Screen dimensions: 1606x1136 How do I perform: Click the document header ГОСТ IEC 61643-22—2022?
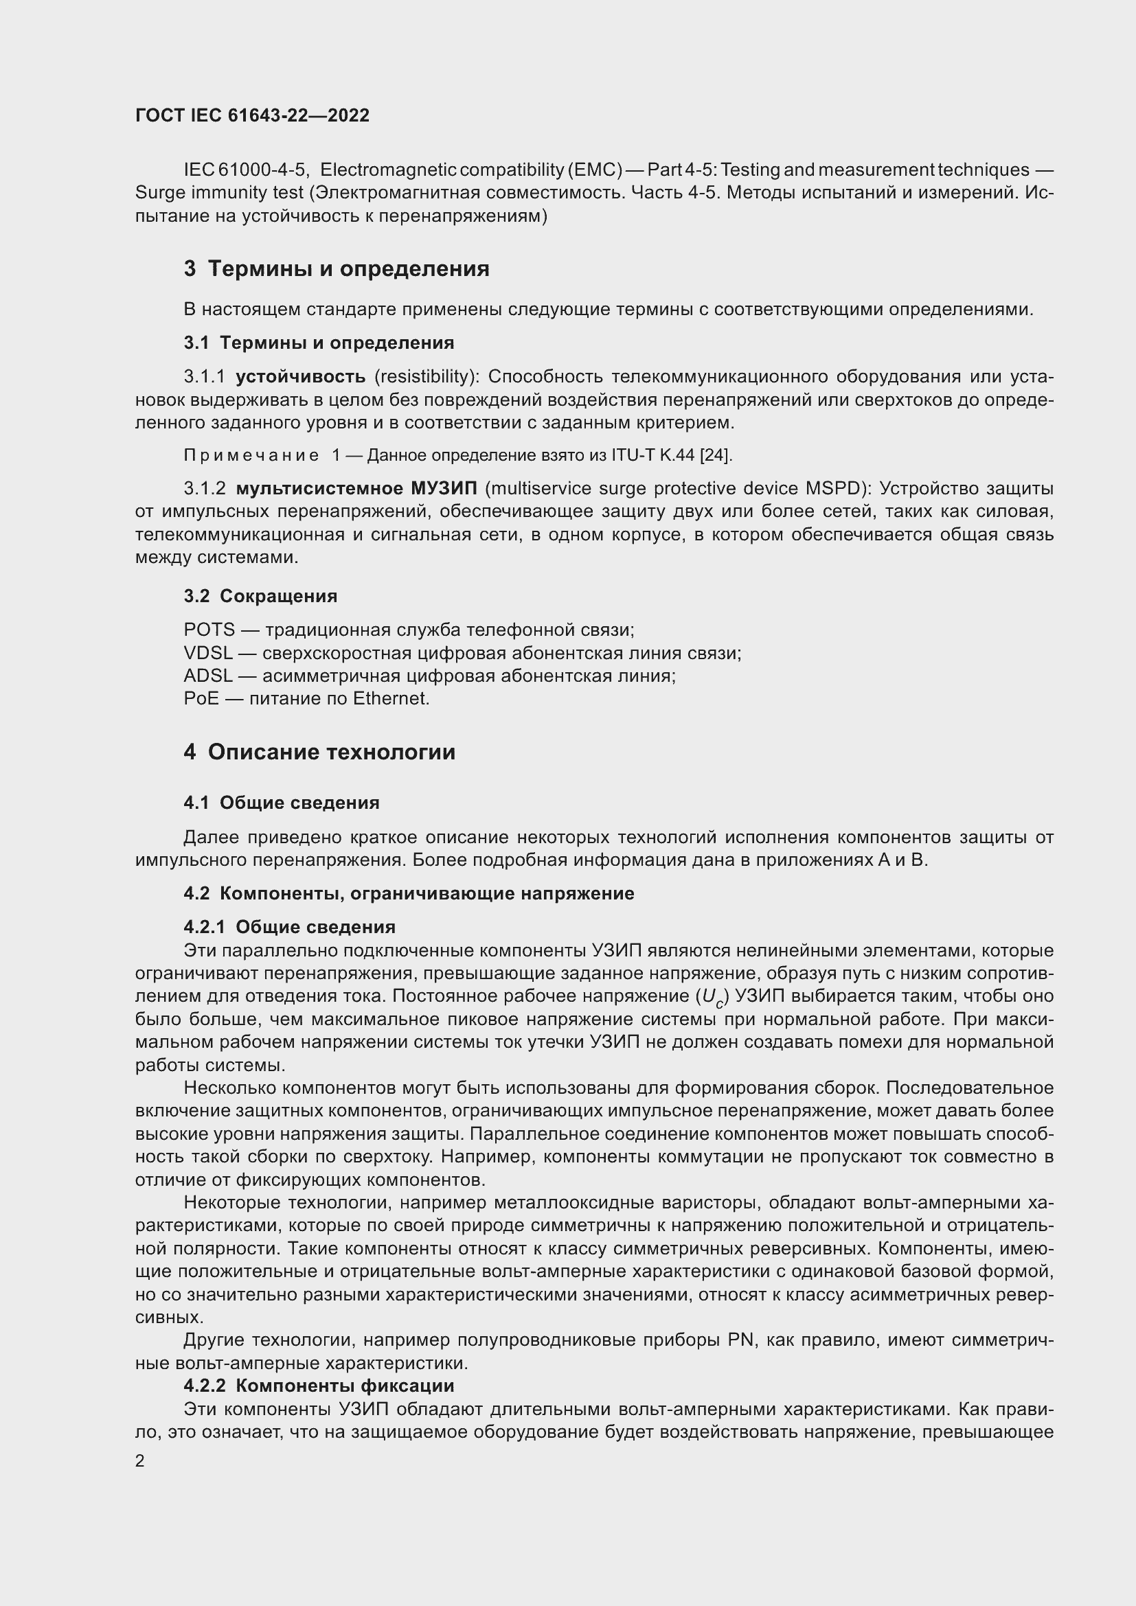pyautogui.click(x=252, y=115)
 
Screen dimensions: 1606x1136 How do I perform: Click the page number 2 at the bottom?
pyautogui.click(x=140, y=1460)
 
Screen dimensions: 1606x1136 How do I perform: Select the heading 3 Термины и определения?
pyautogui.click(x=337, y=268)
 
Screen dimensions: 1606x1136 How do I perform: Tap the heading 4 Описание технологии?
pyautogui.click(x=319, y=752)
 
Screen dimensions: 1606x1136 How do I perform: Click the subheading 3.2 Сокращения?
pyautogui.click(x=260, y=596)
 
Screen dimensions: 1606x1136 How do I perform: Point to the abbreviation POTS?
pyautogui.click(x=209, y=630)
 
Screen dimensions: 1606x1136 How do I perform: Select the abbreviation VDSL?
pyautogui.click(x=207, y=653)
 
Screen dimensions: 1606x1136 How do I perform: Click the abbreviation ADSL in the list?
pyautogui.click(x=207, y=676)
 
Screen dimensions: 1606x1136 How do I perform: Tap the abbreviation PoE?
pyautogui.click(x=201, y=698)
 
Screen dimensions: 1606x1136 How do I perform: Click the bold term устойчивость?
pyautogui.click(x=300, y=377)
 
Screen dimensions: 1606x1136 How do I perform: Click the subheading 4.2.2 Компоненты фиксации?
pyautogui.click(x=319, y=1385)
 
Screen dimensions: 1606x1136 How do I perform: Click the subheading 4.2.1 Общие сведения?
pyautogui.click(x=290, y=927)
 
